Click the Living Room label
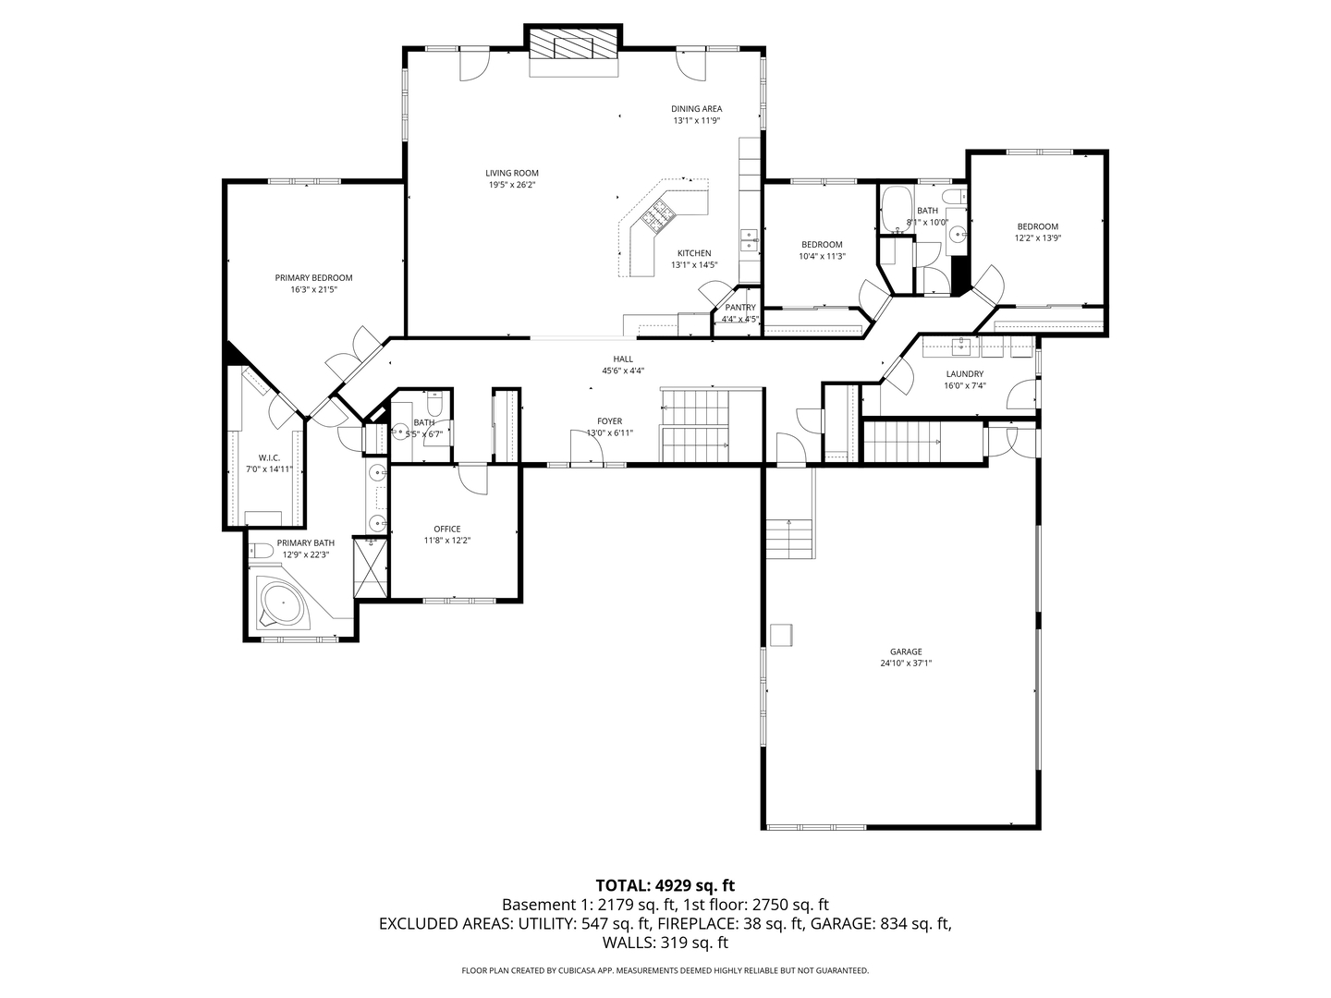(x=512, y=173)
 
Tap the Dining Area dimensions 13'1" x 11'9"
(x=696, y=120)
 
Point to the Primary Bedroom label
(x=313, y=277)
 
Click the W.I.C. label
(x=269, y=457)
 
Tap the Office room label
(x=447, y=529)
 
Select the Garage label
(x=906, y=651)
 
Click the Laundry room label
(x=964, y=373)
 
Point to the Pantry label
(x=740, y=308)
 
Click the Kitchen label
(x=694, y=253)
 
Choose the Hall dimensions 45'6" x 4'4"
(x=623, y=371)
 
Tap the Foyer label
(x=609, y=421)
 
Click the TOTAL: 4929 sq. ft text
(x=665, y=885)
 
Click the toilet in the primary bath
(x=262, y=551)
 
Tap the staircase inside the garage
(x=788, y=537)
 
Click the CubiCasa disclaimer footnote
(x=665, y=970)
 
